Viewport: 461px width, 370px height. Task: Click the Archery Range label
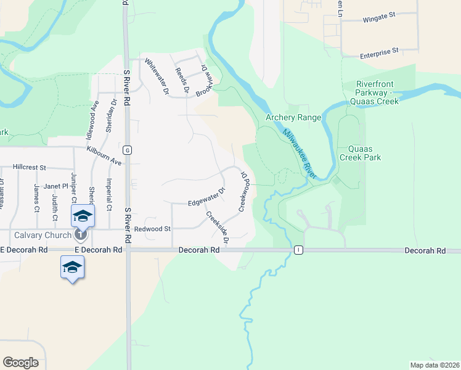[x=293, y=118]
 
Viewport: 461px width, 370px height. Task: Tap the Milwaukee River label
[x=300, y=154]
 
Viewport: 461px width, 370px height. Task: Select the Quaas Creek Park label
[x=364, y=153]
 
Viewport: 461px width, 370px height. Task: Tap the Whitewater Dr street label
[x=156, y=75]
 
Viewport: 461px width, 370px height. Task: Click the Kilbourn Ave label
[x=104, y=155]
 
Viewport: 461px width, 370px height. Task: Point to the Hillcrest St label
[x=30, y=167]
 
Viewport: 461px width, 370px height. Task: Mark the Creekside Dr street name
[x=217, y=228]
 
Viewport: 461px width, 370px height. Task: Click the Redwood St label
[x=152, y=228]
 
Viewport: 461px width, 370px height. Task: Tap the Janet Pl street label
[x=55, y=186]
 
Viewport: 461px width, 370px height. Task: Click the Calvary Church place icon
[x=80, y=234]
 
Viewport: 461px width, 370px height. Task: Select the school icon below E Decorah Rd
[x=72, y=267]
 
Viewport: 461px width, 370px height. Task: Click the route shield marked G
[x=127, y=150]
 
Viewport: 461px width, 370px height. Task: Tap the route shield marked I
[x=299, y=250]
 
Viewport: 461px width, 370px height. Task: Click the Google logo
[x=20, y=362]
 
